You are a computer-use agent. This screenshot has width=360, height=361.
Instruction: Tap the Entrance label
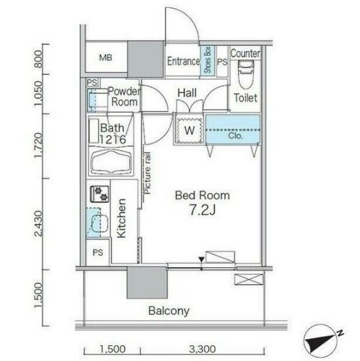tap(183, 61)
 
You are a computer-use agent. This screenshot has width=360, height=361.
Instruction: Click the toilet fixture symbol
tap(245, 74)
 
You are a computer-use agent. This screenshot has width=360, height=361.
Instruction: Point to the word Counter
tap(246, 53)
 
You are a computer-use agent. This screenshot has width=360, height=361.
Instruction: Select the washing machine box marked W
tap(188, 129)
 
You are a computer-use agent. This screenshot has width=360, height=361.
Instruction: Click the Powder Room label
tap(123, 97)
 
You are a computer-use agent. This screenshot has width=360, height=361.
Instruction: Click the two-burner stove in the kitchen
tap(100, 195)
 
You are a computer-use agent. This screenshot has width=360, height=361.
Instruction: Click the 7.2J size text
tap(201, 211)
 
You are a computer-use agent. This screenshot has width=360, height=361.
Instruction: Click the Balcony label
tap(168, 310)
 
